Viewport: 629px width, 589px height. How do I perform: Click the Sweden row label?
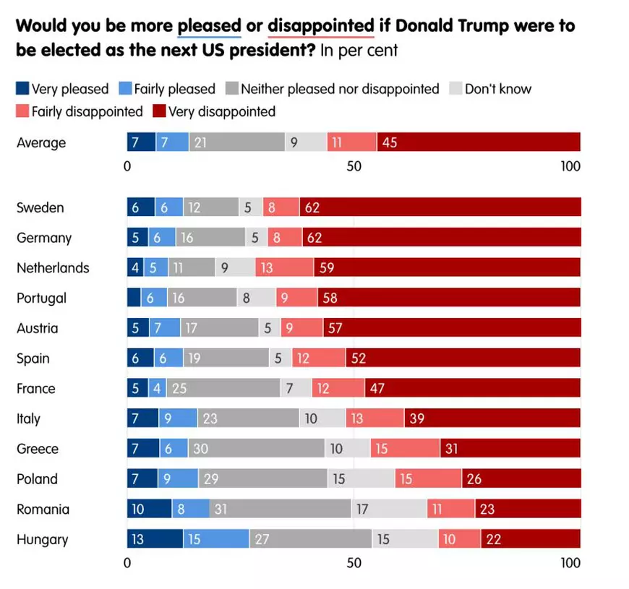40,208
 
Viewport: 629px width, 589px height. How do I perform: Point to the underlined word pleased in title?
209,26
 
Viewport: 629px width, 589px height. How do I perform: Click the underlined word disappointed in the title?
320,26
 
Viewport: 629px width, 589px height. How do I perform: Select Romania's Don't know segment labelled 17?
388,509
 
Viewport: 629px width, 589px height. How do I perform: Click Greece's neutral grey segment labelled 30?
256,449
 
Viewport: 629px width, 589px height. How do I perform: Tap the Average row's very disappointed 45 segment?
478,142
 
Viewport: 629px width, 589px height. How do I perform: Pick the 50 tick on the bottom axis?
354,563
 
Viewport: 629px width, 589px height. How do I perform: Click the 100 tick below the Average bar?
570,166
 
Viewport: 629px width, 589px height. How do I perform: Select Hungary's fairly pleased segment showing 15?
215,539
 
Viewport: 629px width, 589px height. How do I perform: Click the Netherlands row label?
53,268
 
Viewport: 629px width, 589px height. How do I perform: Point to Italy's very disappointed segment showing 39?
492,418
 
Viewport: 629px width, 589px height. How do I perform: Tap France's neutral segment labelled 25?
223,389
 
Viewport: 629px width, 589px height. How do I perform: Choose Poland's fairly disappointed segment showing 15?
428,479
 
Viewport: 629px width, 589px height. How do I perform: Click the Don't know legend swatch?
455,89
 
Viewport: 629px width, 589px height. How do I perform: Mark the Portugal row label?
41,298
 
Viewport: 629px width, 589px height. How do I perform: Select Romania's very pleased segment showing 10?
149,509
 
